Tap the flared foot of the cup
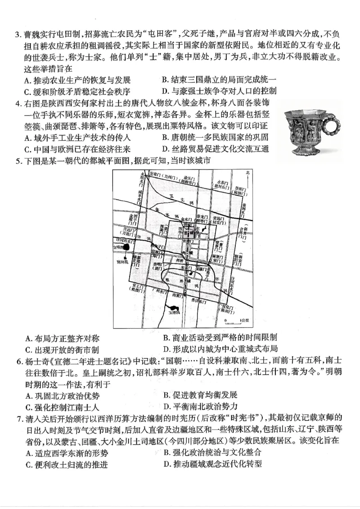[306, 156]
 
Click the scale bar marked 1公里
[232, 321]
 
